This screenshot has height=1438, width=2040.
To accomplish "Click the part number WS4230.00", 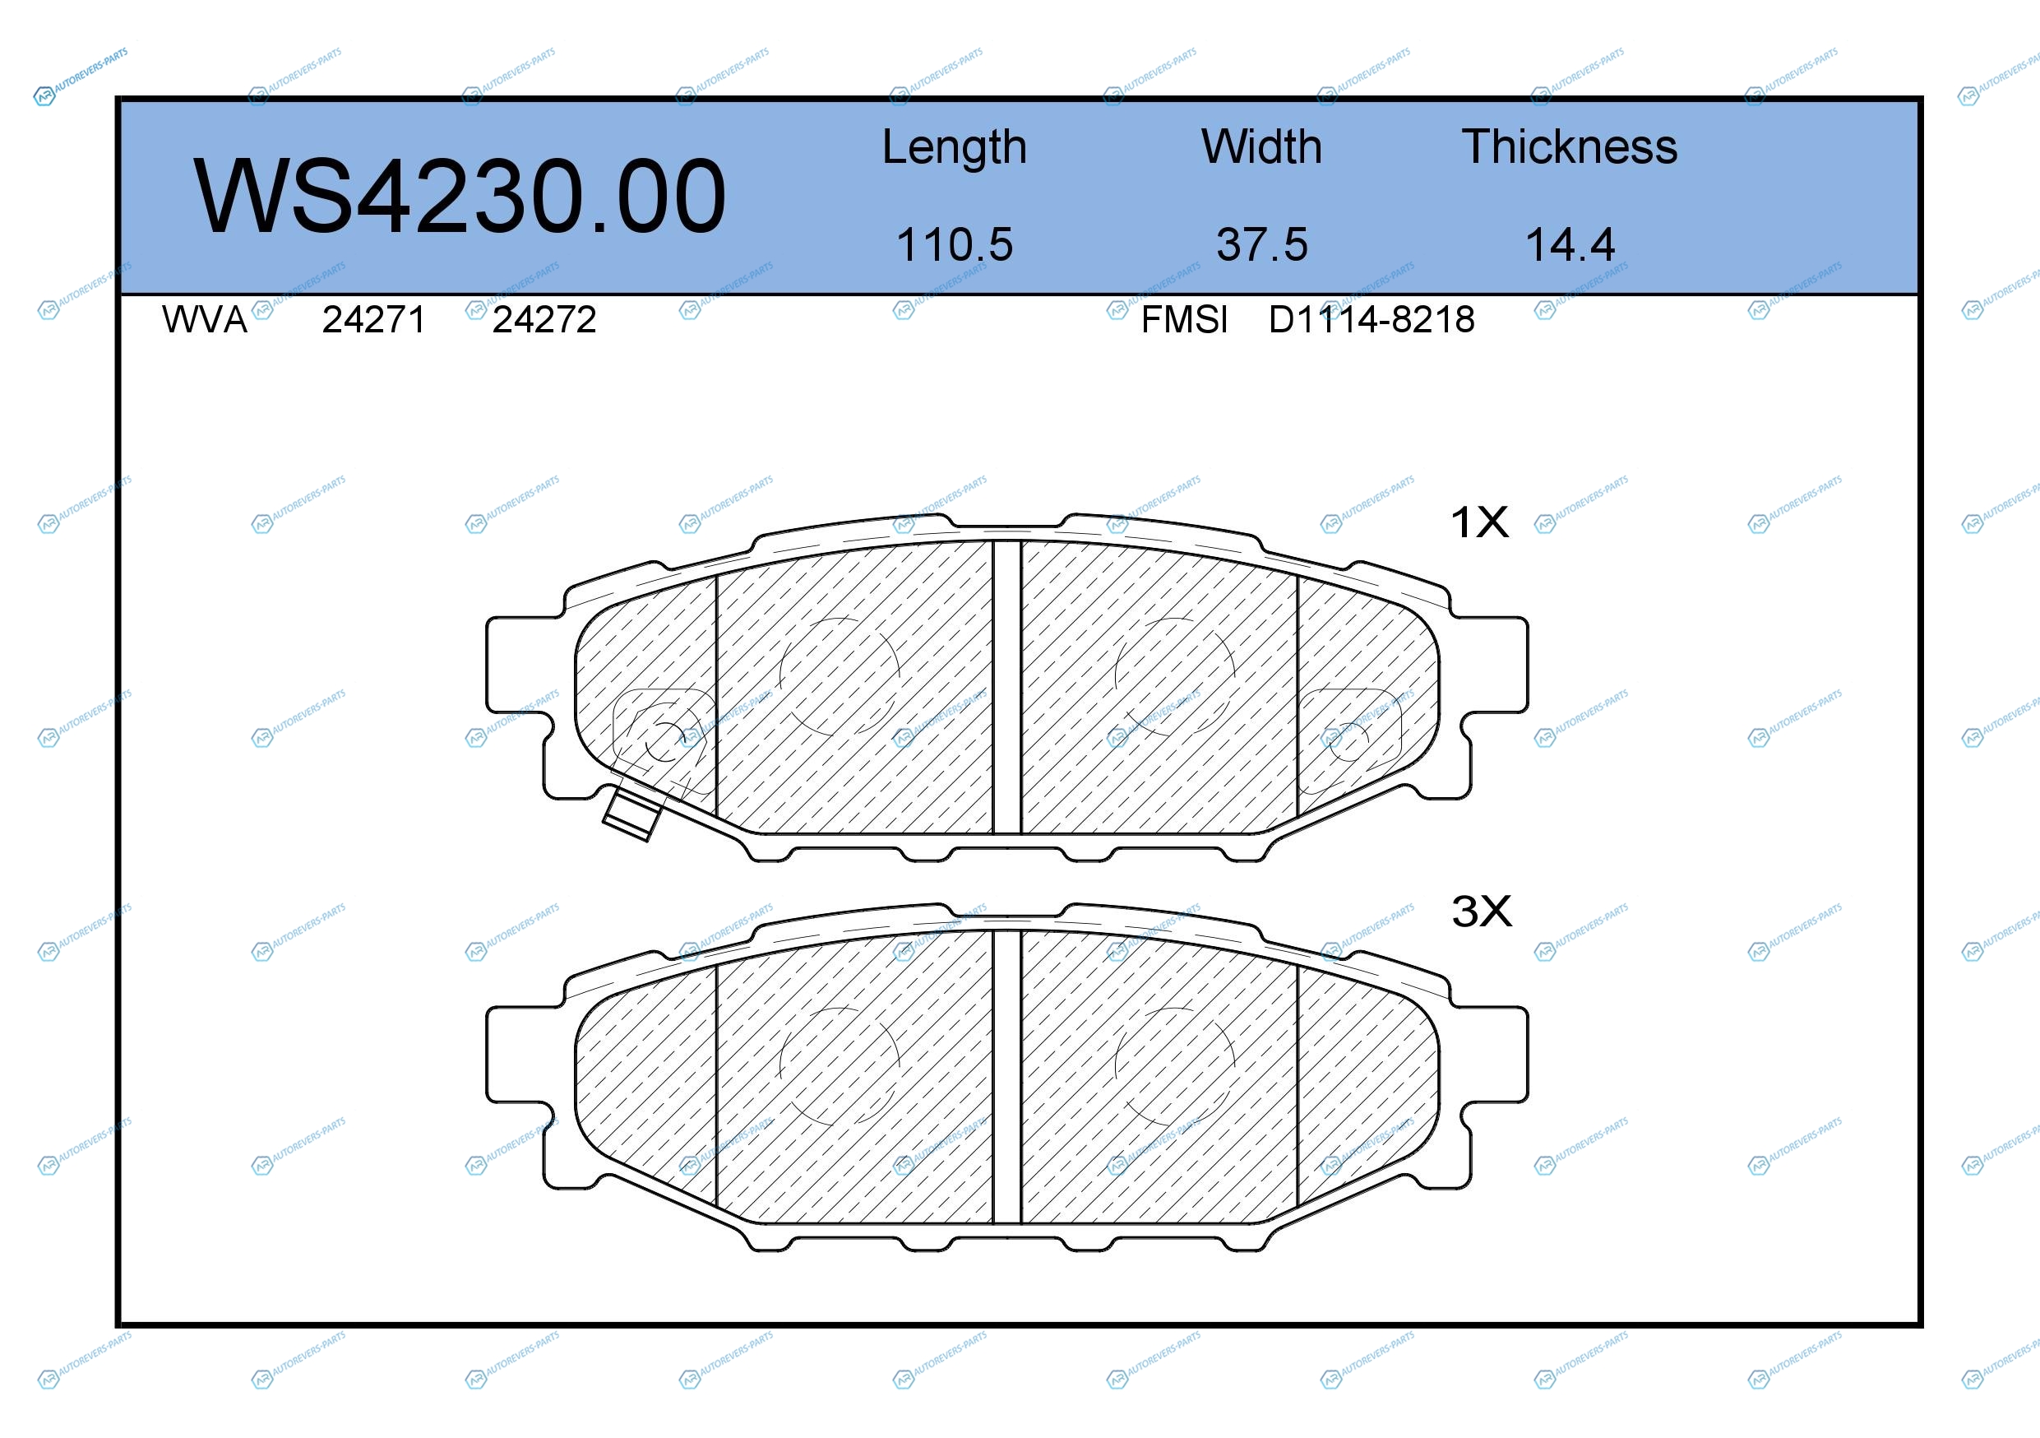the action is click(460, 197).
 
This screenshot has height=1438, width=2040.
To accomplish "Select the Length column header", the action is click(955, 147).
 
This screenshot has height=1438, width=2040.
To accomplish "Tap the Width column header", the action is click(1261, 146).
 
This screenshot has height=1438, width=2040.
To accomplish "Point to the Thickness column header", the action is click(1570, 146).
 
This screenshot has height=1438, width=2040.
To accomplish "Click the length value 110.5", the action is click(955, 244).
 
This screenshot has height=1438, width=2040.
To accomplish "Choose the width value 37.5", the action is click(1261, 244).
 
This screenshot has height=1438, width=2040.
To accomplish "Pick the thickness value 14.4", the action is click(1570, 244).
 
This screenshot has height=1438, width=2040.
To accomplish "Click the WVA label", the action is click(205, 320).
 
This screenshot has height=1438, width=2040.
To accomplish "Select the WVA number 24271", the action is click(374, 320).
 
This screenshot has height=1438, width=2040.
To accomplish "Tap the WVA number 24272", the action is click(544, 320).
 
